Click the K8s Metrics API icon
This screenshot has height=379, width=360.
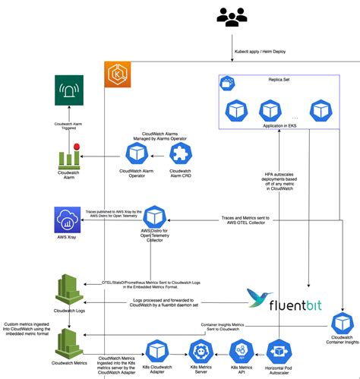(x=241, y=352)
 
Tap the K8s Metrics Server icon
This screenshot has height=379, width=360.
(x=201, y=352)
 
